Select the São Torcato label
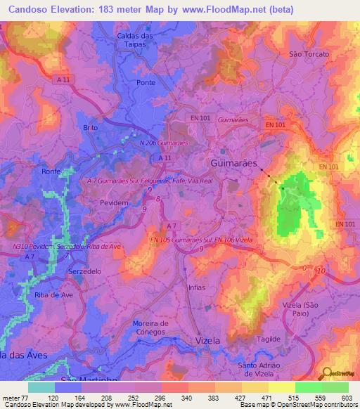(309, 54)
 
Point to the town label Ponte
(146, 82)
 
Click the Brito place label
(91, 127)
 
